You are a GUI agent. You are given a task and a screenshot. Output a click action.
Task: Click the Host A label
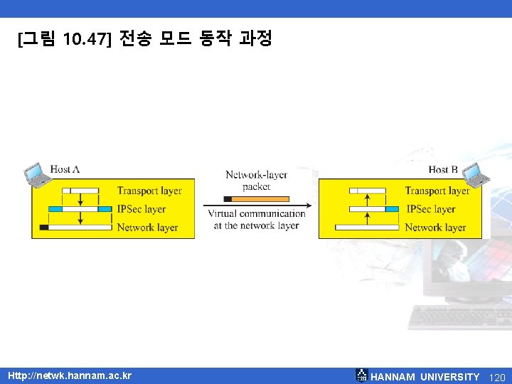(x=65, y=169)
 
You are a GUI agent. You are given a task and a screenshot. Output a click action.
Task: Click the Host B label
(x=443, y=169)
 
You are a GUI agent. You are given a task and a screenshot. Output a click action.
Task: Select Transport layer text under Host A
(x=149, y=191)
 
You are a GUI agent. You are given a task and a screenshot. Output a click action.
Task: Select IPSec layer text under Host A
(x=142, y=209)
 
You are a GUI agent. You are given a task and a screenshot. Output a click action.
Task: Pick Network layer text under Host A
(x=147, y=228)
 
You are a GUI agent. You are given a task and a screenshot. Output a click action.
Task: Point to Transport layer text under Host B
(x=437, y=191)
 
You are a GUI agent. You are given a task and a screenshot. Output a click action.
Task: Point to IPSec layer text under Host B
(x=430, y=209)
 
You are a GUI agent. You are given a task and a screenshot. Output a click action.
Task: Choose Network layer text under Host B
(x=435, y=228)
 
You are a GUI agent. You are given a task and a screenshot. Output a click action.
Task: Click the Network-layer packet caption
(x=256, y=181)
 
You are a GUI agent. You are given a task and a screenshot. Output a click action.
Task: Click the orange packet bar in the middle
(x=260, y=199)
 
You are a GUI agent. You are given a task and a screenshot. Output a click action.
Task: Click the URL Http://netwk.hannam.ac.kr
(x=70, y=375)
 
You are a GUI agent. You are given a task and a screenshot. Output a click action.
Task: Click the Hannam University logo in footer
(x=361, y=375)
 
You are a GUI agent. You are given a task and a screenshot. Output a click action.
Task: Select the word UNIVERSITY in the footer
(x=449, y=376)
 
